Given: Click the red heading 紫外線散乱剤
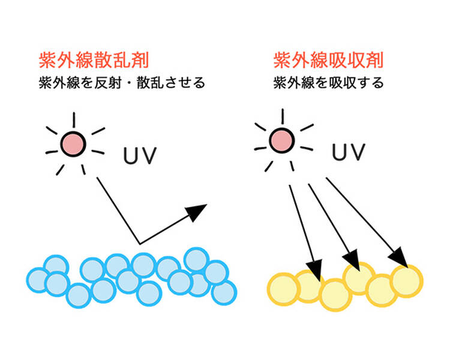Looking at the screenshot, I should click(x=93, y=61).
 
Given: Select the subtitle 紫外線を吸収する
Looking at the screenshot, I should click(x=328, y=83).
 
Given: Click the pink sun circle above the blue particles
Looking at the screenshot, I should click(x=74, y=144).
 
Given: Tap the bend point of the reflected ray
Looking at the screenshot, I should click(x=140, y=244).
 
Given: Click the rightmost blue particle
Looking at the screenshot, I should click(x=224, y=292).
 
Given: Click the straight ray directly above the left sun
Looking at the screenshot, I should click(x=74, y=119).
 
